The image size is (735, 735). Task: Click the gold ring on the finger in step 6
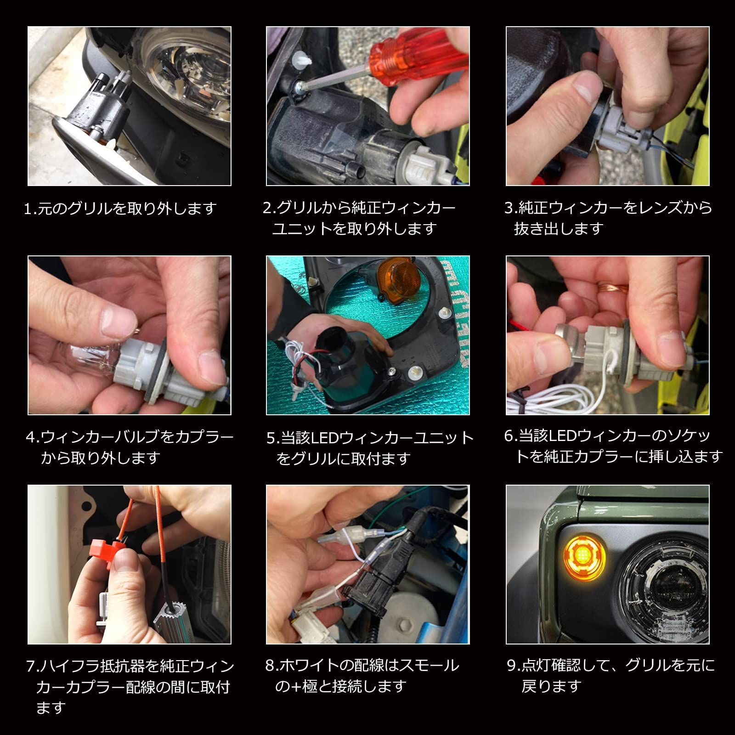[x=613, y=288]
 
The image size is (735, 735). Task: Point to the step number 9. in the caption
[x=513, y=666]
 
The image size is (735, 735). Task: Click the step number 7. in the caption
[x=32, y=666]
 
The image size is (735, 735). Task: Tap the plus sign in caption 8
[x=296, y=686]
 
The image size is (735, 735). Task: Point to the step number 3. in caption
[x=510, y=208]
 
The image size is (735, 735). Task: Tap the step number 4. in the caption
[x=33, y=437]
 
